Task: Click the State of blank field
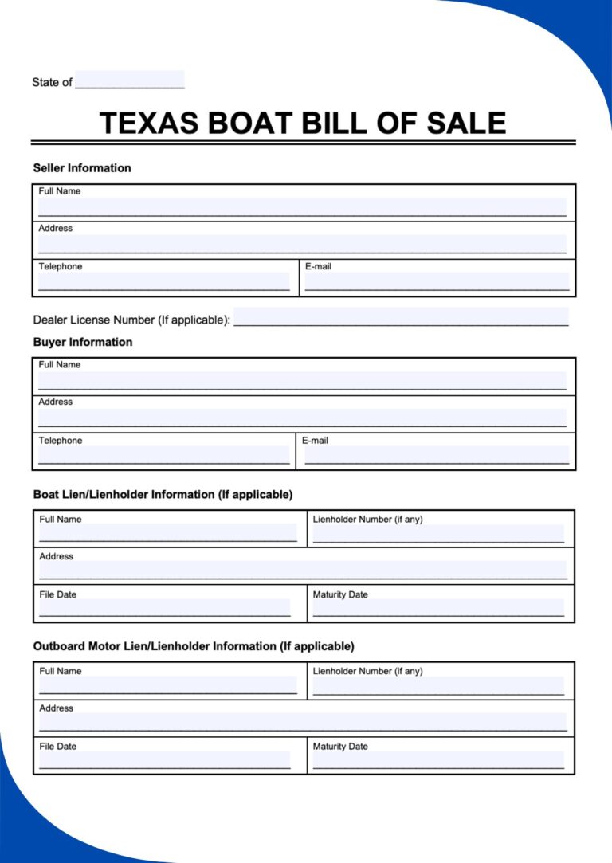point(130,80)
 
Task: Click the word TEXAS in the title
point(150,124)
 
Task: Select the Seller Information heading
point(82,168)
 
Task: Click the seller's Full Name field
point(302,207)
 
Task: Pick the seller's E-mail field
point(437,280)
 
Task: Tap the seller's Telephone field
point(164,280)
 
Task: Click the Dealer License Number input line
point(401,317)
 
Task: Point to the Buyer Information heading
point(83,342)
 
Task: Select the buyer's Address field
point(302,418)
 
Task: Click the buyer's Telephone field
point(164,455)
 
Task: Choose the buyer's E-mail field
point(437,455)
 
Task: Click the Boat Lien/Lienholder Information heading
point(163,495)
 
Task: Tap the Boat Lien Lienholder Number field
point(438,534)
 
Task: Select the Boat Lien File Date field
point(165,608)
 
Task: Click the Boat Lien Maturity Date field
point(438,608)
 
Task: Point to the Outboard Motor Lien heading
point(194,646)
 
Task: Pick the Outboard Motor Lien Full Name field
point(168,685)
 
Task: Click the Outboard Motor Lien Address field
point(303,722)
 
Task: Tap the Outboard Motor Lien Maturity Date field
point(438,760)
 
